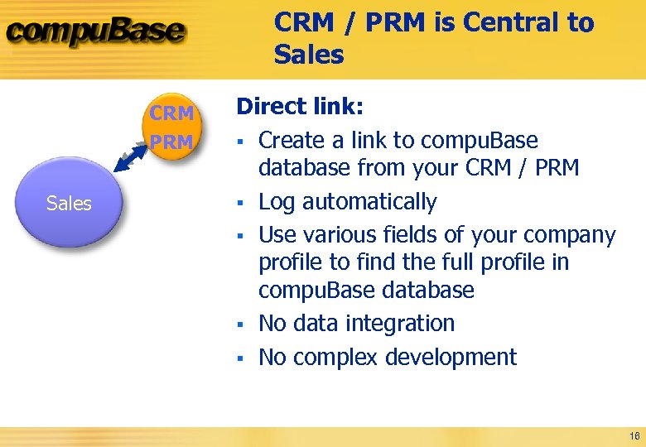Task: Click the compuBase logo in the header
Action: tap(95, 33)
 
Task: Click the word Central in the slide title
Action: tap(510, 23)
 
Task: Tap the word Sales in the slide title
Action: tap(308, 55)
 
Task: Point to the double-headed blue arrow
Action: tap(131, 156)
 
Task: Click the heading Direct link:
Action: tap(301, 107)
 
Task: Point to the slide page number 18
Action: tap(634, 436)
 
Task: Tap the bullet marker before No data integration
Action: tap(239, 324)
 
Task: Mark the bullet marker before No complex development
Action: tap(239, 358)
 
